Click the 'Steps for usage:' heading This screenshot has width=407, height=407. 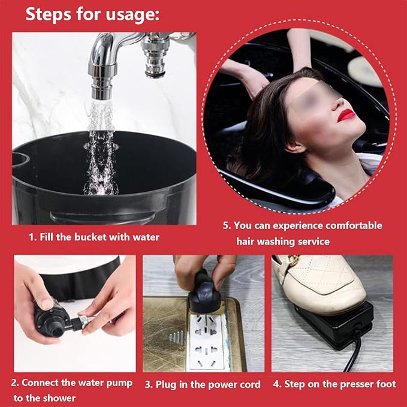92,14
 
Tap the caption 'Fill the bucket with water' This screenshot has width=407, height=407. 100,237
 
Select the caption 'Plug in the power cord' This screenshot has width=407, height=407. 208,384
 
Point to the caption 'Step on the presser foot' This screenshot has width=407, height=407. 340,384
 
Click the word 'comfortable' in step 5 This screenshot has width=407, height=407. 354,225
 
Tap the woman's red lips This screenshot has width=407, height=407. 346,115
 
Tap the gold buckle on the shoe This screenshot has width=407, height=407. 293,260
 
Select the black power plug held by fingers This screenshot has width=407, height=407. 204,294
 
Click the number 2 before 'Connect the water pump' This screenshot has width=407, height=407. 14,383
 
